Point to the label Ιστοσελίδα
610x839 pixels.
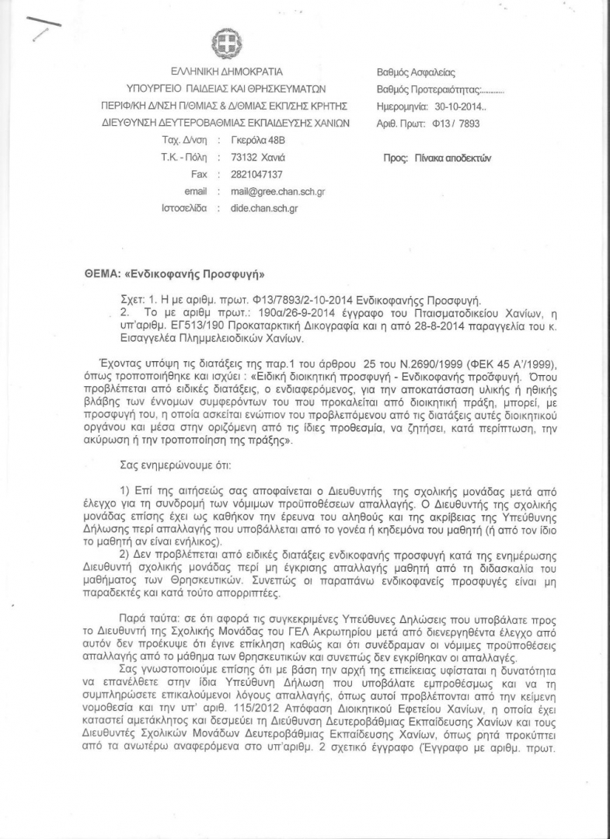(x=184, y=208)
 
